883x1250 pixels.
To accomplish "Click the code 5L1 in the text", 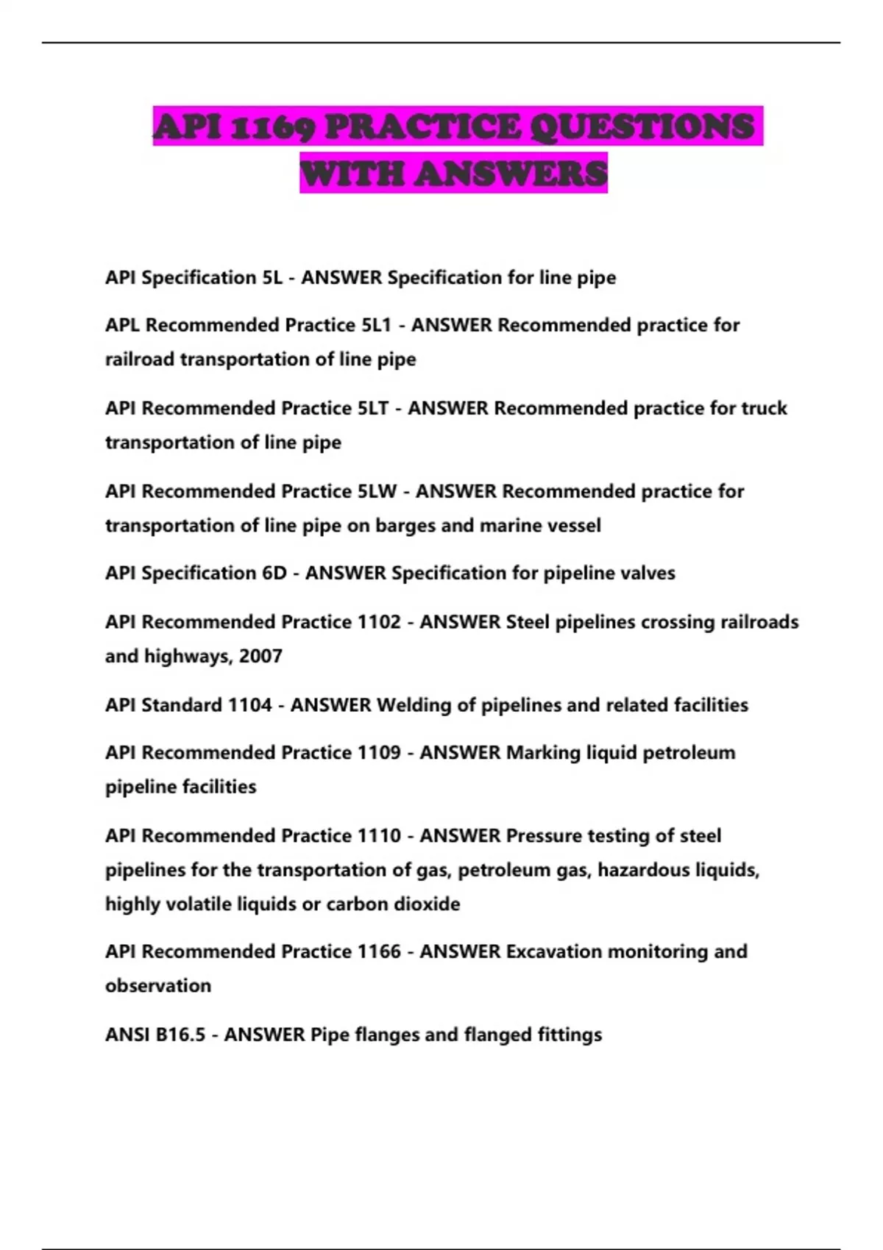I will click(375, 325).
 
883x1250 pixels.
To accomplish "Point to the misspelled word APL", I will click(122, 325).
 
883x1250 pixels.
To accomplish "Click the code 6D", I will click(274, 573).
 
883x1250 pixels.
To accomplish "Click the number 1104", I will click(250, 705).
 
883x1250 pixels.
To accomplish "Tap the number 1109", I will click(379, 753).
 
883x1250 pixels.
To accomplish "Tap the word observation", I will click(158, 986).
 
